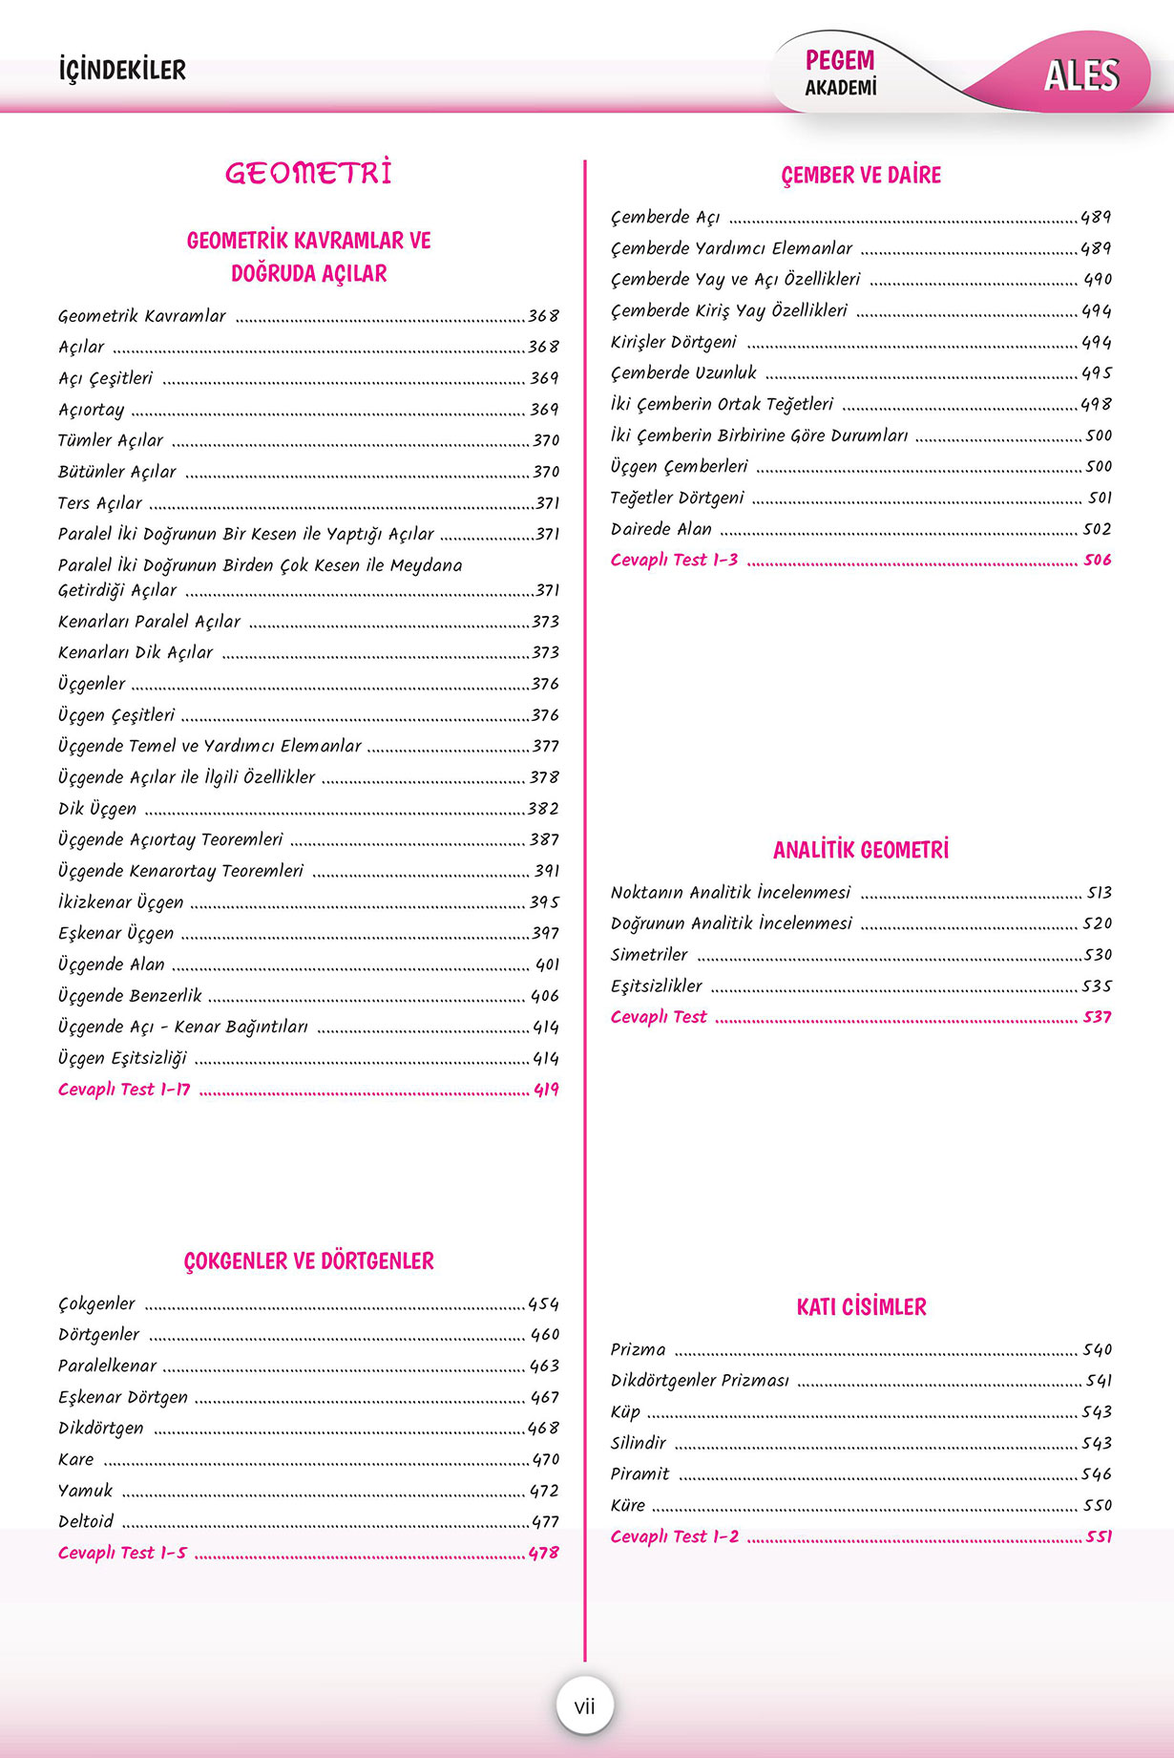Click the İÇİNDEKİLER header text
click(x=122, y=70)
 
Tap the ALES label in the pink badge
click(x=1080, y=75)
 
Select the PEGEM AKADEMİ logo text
click(x=840, y=73)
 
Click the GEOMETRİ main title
click(x=308, y=173)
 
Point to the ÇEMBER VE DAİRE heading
click(x=861, y=175)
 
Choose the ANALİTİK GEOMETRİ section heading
click(x=861, y=850)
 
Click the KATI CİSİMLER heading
click(x=861, y=1306)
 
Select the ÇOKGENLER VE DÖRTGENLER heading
click(x=308, y=1260)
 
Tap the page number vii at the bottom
click(x=584, y=1705)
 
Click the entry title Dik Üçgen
click(x=97, y=809)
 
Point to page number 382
click(x=543, y=809)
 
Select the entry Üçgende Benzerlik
click(x=130, y=996)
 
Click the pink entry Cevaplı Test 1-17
click(x=124, y=1090)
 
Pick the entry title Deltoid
click(x=86, y=1521)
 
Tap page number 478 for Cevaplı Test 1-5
click(x=543, y=1553)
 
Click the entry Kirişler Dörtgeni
click(x=674, y=342)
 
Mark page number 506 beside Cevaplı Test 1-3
click(x=1097, y=560)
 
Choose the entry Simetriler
click(x=649, y=955)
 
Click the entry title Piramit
click(x=639, y=1474)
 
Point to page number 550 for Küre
click(x=1097, y=1506)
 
